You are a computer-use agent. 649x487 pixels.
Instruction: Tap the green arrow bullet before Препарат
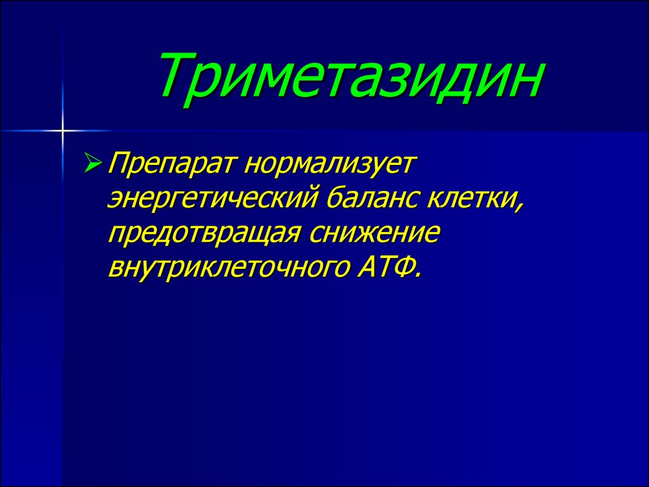(93, 162)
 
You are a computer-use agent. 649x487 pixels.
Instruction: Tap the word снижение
(373, 233)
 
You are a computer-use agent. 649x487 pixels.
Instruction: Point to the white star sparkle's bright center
(63, 131)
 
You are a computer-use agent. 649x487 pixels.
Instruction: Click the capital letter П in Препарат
(119, 163)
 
